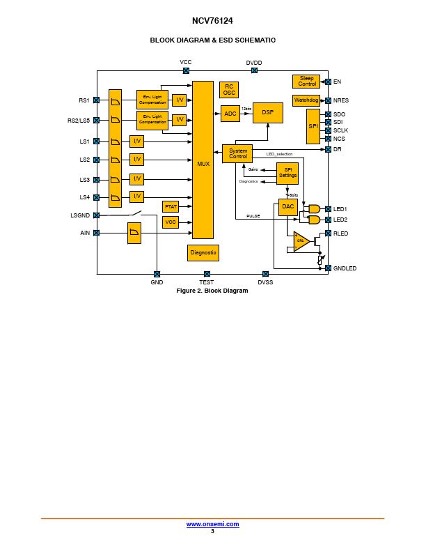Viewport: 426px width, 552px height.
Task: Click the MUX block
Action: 203,160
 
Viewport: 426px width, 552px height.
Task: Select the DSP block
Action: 268,112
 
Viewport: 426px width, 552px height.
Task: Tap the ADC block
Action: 230,114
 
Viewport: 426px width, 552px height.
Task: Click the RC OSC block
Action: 229,90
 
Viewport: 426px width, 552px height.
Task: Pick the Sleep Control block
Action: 306,82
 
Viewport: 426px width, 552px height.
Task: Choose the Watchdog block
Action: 306,100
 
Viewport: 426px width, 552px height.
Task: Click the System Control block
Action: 238,154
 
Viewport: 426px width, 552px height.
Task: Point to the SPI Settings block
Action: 287,172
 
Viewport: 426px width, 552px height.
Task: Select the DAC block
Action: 288,207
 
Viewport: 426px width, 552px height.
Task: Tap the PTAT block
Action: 171,206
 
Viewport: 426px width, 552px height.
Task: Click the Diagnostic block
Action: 203,252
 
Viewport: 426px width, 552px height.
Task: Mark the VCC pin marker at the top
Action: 186,70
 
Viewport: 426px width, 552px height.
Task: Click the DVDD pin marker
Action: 254,70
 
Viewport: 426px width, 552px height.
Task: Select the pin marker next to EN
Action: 328,82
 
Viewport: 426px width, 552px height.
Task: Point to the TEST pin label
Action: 207,282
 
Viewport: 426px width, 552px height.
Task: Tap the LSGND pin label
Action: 80,215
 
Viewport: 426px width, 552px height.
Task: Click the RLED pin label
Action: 340,233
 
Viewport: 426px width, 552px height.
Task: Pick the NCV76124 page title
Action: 212,22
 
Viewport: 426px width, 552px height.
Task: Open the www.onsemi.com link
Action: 212,524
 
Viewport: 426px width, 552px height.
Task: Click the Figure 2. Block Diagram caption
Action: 212,291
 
